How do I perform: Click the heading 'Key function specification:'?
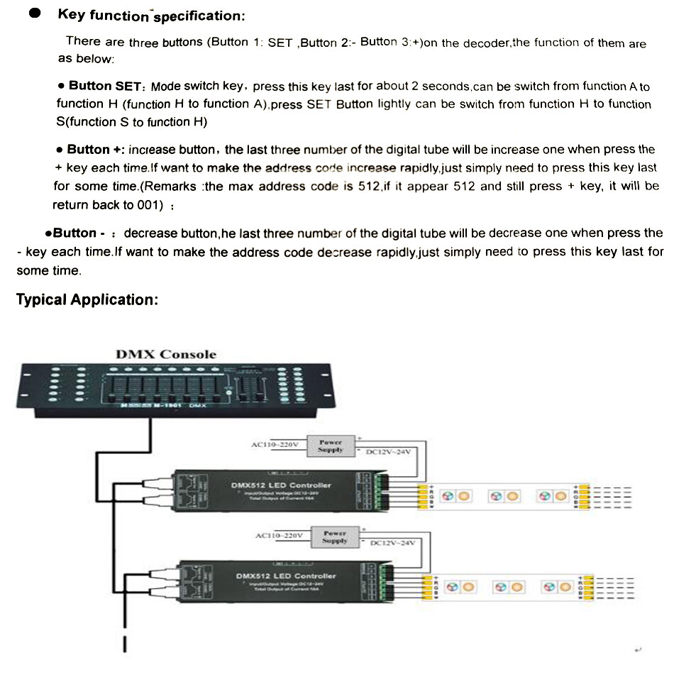click(152, 15)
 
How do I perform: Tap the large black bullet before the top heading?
click(33, 15)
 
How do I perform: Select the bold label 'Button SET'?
click(99, 86)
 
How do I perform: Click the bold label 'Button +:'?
click(95, 150)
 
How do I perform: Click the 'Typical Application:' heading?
click(86, 299)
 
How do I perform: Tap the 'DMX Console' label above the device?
click(166, 354)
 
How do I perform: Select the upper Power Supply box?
click(331, 446)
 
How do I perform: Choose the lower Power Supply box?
click(335, 536)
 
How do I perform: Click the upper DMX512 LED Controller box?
click(280, 490)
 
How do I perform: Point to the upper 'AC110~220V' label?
click(275, 445)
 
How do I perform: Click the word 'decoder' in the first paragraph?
click(486, 43)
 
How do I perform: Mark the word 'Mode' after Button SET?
click(165, 86)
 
